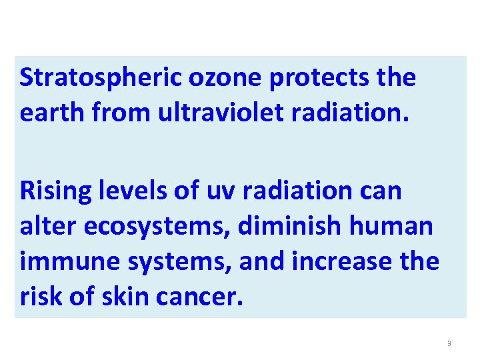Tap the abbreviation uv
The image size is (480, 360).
point(204,191)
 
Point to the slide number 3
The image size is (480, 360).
point(449,343)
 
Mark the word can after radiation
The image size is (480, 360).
point(379,191)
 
